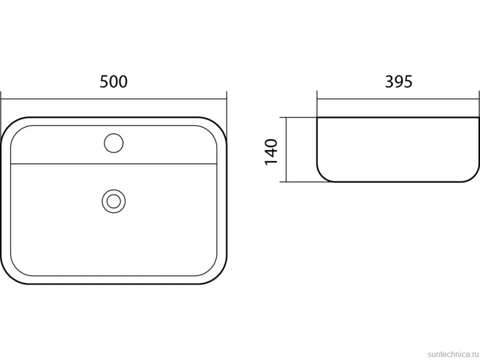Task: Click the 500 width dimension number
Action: [114, 82]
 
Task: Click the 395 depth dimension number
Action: [398, 82]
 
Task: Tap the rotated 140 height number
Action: [271, 152]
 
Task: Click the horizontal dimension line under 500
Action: [114, 99]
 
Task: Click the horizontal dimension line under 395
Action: [398, 99]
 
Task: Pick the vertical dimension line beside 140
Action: [286, 149]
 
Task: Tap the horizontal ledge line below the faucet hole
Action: [114, 164]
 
